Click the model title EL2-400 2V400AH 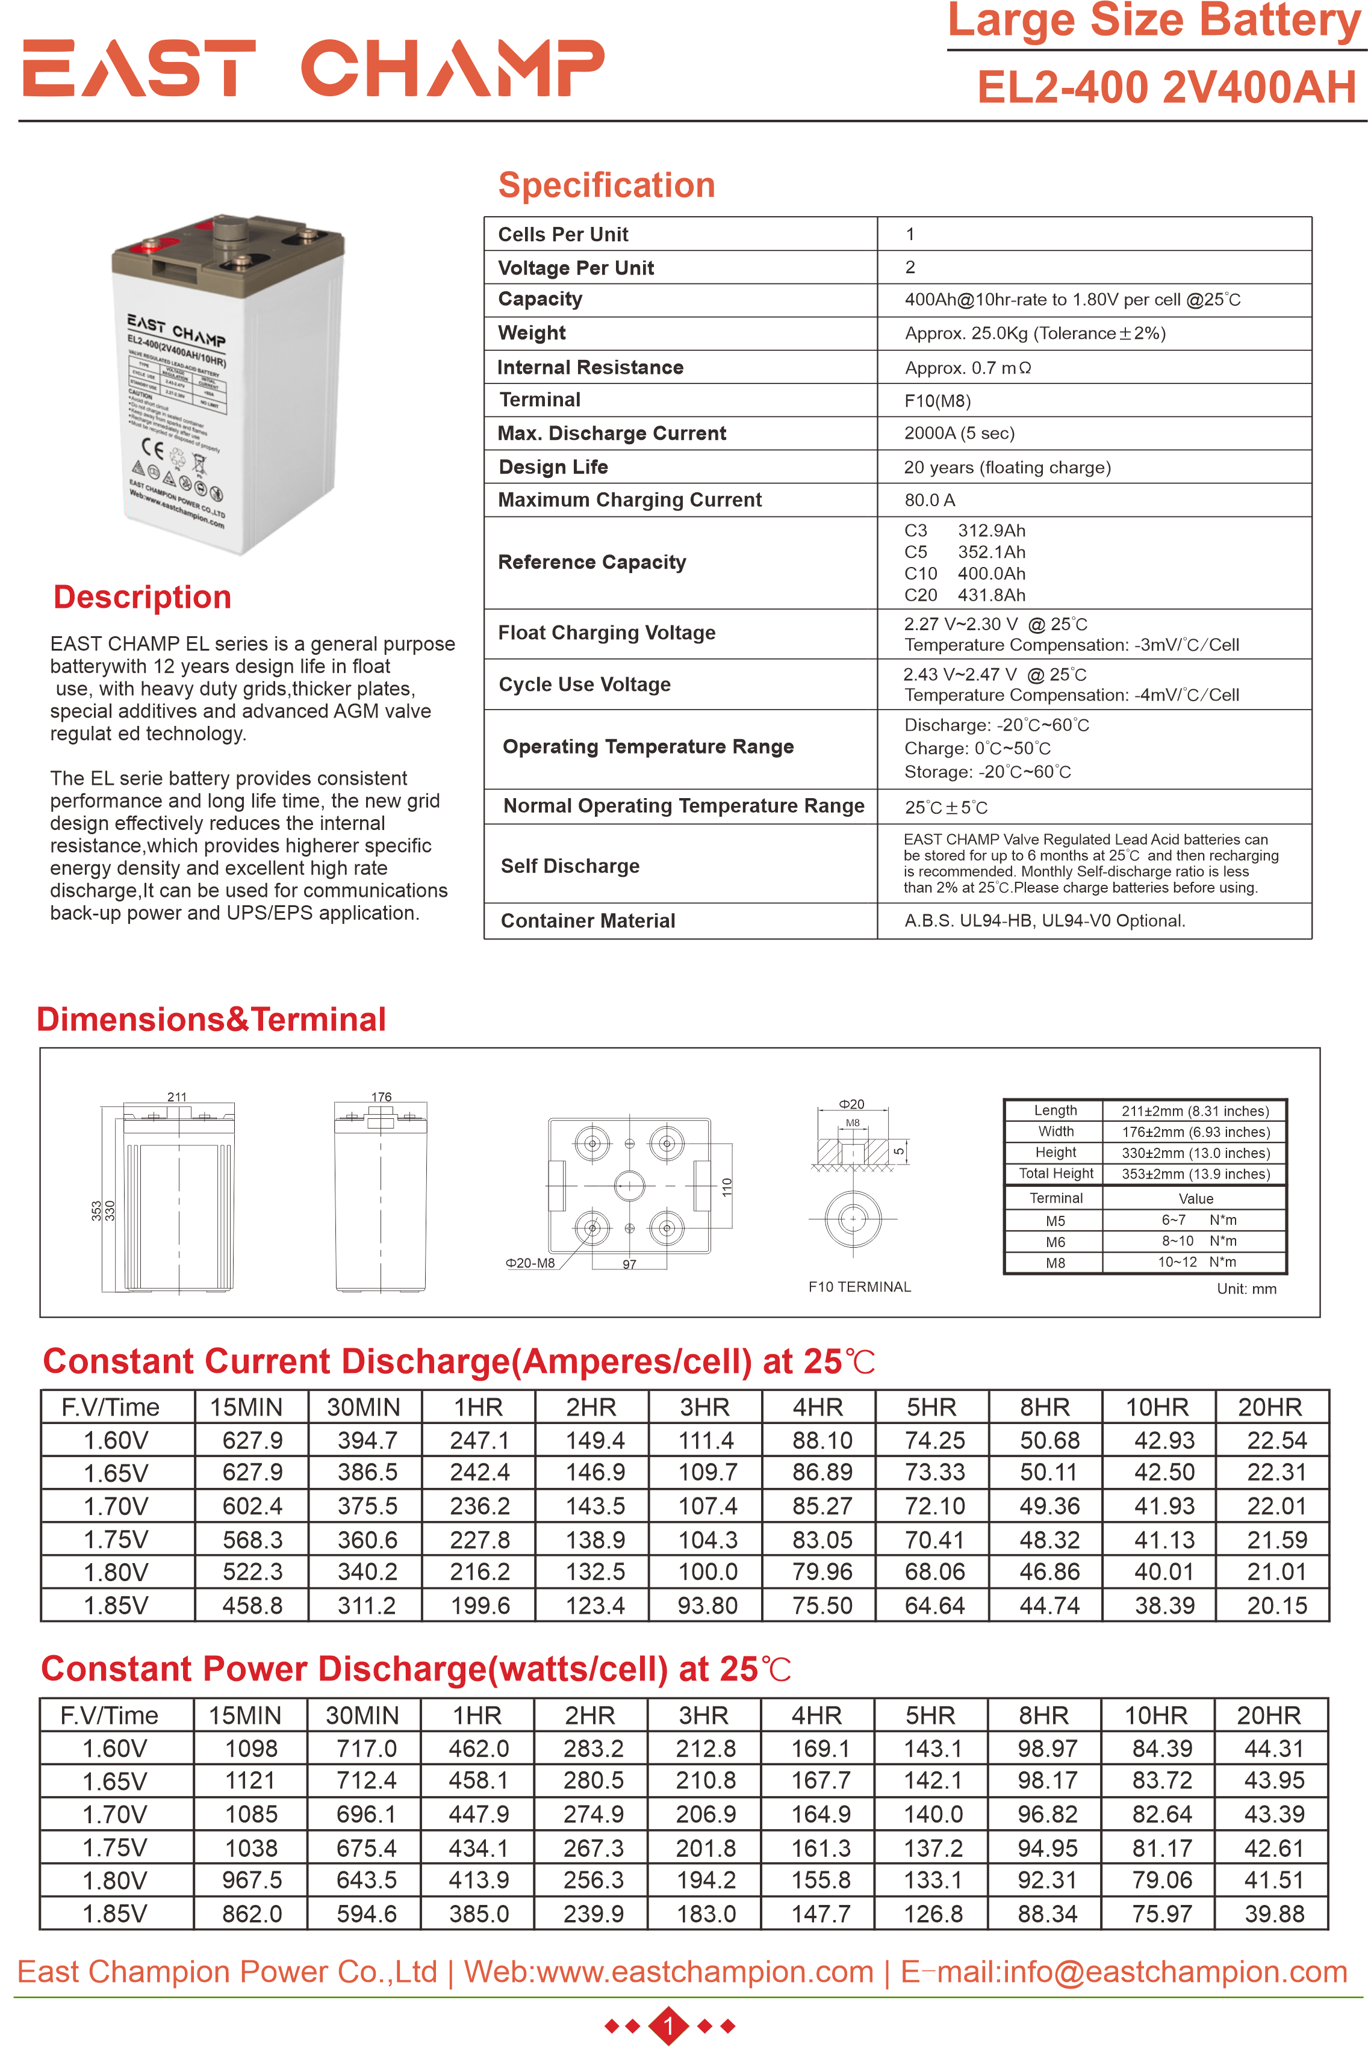[1166, 87]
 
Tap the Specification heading [606, 186]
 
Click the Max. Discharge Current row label [612, 433]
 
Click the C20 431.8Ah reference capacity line [965, 595]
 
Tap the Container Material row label [588, 921]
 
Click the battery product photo [229, 384]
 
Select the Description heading [142, 598]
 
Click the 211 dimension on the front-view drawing [176, 1096]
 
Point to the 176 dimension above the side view [381, 1096]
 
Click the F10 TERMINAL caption [859, 1286]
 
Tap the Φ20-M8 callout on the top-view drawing [530, 1263]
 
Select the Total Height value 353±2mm [1195, 1174]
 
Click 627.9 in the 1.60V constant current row [252, 1440]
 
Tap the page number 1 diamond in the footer [669, 2025]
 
